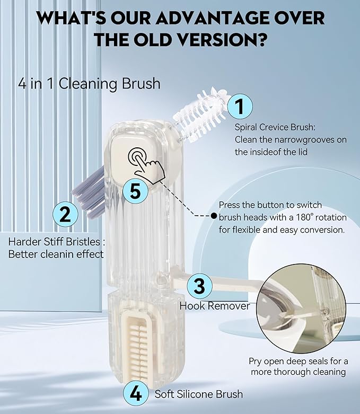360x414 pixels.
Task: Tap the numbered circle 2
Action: coord(65,215)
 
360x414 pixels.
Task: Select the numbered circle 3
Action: coord(199,286)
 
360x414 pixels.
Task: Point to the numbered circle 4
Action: coord(136,394)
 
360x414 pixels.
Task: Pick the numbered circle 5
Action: coord(135,191)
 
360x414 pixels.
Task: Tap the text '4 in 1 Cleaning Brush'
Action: coord(89,84)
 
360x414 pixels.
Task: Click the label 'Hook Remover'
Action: coord(214,306)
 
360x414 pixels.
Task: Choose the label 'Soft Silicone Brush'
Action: coord(199,394)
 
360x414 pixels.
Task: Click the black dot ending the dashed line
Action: coord(213,216)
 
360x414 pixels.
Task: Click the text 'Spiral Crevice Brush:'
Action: coord(274,127)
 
